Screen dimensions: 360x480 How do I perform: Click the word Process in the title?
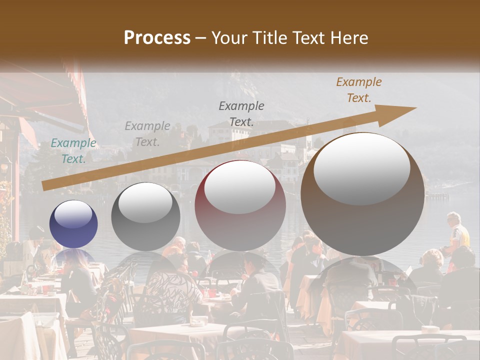pyautogui.click(x=157, y=38)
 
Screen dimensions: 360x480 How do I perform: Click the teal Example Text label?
pyautogui.click(x=73, y=151)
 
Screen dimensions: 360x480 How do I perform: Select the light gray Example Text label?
pyautogui.click(x=147, y=134)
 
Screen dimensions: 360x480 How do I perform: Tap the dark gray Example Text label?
pyautogui.click(x=241, y=113)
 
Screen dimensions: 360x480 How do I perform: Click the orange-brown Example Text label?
pyautogui.click(x=359, y=90)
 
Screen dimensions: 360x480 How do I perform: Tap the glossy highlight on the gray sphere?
pyautogui.click(x=145, y=202)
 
